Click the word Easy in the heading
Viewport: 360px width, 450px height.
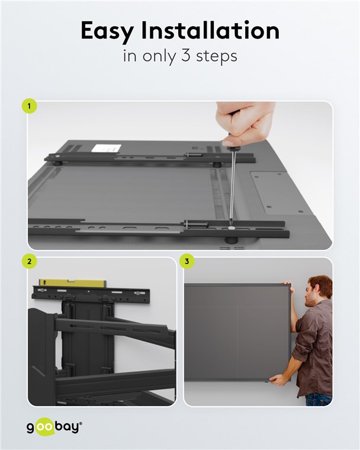coord(107,31)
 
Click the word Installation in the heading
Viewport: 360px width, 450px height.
coord(210,30)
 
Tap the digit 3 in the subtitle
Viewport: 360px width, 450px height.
coord(185,56)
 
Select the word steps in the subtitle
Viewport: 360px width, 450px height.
coord(217,56)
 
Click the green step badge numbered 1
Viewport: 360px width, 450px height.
coord(29,106)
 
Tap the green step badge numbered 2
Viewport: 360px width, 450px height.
coord(29,262)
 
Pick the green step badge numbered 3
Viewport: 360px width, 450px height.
coord(187,262)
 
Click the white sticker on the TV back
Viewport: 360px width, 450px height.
coord(107,149)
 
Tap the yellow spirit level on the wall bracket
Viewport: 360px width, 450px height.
coord(72,283)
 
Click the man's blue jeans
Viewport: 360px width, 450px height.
coord(319,399)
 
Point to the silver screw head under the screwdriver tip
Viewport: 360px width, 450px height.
coord(231,228)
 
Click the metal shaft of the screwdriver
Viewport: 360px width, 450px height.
coord(233,187)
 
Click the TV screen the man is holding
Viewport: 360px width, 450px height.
coord(237,333)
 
